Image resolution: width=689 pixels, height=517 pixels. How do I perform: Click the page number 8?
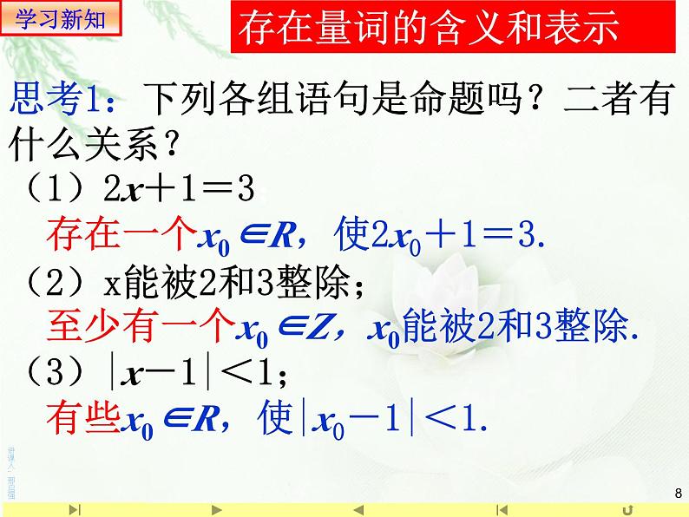pos(677,494)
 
